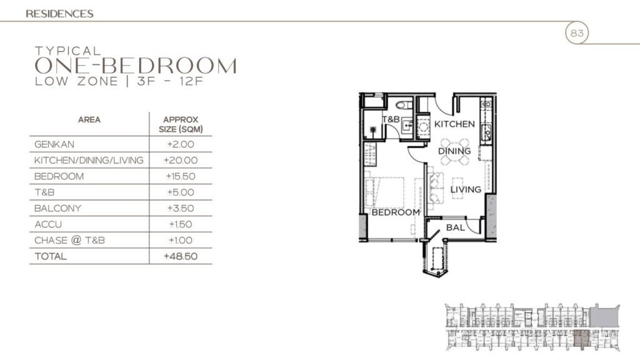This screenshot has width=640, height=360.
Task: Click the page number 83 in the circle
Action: click(577, 34)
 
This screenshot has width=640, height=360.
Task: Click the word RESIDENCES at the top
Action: click(60, 13)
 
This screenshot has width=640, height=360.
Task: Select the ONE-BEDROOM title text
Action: click(136, 66)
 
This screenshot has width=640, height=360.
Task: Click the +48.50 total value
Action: click(181, 256)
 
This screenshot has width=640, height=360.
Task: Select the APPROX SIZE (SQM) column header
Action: click(181, 124)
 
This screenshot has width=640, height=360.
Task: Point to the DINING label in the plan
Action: click(454, 151)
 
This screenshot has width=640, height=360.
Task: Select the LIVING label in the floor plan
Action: click(466, 189)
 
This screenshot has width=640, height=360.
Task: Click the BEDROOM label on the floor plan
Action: click(396, 212)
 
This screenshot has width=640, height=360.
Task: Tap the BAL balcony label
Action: click(455, 227)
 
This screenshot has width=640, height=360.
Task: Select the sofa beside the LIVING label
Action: click(433, 187)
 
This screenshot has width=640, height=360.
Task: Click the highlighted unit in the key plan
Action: click(582, 337)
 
